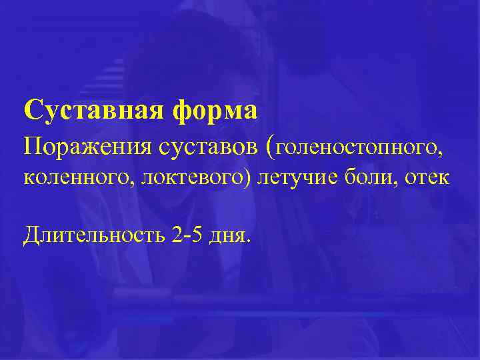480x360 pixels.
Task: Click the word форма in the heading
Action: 213,111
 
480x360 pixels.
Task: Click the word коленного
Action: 64,179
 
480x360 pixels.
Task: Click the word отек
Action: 431,179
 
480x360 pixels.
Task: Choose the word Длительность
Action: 93,235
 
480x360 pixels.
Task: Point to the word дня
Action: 231,236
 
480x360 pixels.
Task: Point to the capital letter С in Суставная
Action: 31,110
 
